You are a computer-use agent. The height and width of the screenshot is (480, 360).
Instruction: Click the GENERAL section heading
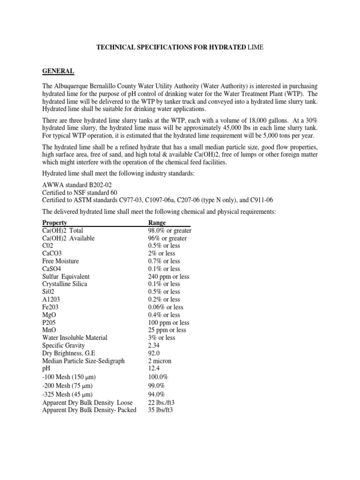[x=58, y=71]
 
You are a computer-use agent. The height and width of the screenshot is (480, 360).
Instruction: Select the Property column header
[x=54, y=223]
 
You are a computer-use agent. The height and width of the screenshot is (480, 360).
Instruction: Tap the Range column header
[x=157, y=223]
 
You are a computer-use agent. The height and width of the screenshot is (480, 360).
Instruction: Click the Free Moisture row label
[x=60, y=261]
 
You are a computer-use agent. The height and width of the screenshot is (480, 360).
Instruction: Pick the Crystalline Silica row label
[x=65, y=284]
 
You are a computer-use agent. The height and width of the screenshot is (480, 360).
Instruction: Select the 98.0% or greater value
[x=170, y=231]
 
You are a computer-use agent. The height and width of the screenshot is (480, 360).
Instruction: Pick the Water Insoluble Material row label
[x=75, y=337]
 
